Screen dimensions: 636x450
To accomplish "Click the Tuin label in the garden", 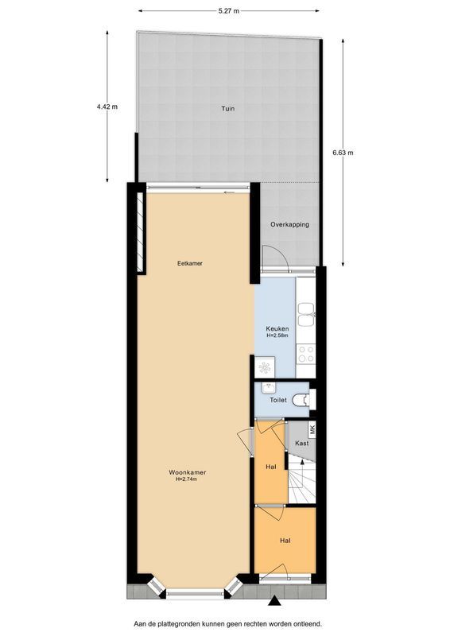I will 228,109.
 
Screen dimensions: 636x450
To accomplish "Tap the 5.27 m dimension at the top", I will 229,10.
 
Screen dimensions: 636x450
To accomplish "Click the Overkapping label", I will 289,224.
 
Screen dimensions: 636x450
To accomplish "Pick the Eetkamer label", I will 189,263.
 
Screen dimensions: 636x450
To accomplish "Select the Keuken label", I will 277,328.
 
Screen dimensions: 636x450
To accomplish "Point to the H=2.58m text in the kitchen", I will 277,335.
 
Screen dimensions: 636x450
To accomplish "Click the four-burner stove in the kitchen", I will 306,353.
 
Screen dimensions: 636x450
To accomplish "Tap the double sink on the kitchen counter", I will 306,313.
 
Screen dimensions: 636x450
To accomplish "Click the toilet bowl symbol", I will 301,401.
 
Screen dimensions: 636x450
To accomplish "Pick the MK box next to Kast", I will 312,429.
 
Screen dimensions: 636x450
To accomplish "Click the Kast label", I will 301,444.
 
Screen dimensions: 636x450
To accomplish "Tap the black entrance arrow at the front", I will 275,602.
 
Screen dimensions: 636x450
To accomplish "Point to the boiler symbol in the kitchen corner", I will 265,366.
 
